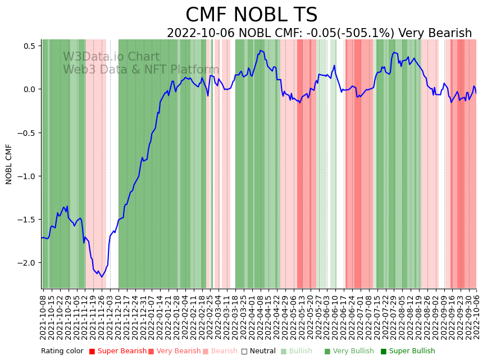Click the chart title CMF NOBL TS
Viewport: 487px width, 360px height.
pyautogui.click(x=251, y=15)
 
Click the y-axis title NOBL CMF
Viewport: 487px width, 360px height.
pyautogui.click(x=9, y=164)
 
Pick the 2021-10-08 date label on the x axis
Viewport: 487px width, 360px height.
pyautogui.click(x=43, y=315)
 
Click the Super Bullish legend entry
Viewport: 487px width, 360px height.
pyautogui.click(x=412, y=351)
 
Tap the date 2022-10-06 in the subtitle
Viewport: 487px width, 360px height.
pyautogui.click(x=201, y=33)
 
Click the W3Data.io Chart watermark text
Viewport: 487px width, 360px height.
pyautogui.click(x=111, y=57)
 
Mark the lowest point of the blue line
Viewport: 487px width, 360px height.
pyautogui.click(x=102, y=277)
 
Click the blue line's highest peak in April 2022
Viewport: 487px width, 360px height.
pyautogui.click(x=260, y=50)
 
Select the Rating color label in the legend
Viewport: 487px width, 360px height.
pyautogui.click(x=62, y=351)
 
